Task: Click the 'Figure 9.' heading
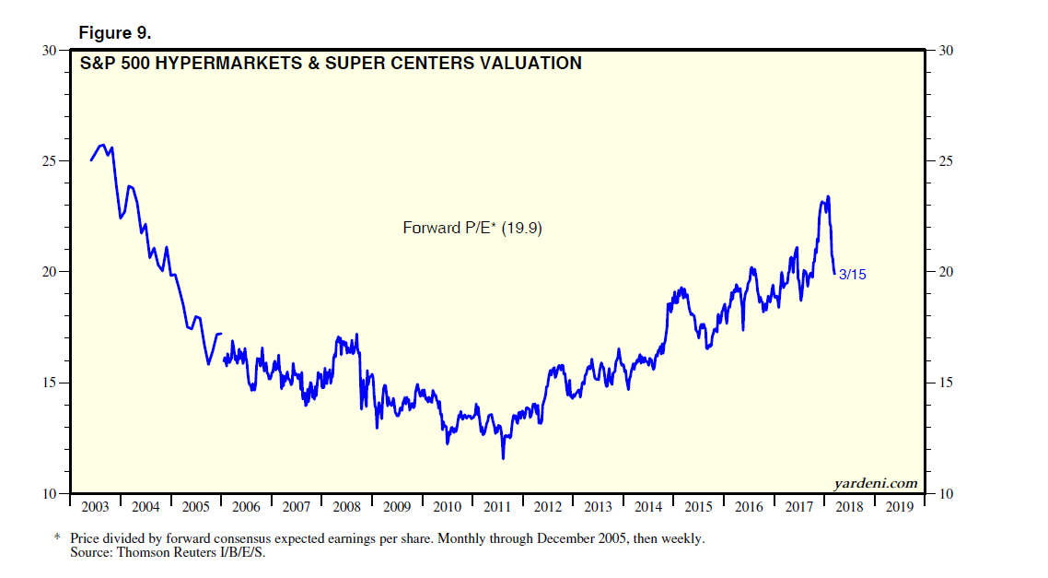pyautogui.click(x=115, y=33)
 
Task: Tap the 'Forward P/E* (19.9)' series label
pyautogui.click(x=472, y=227)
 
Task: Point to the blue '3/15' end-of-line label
pyautogui.click(x=854, y=274)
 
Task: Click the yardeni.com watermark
pyautogui.click(x=876, y=483)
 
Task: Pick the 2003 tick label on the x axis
pyautogui.click(x=95, y=507)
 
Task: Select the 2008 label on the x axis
pyautogui.click(x=346, y=507)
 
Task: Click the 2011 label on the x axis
pyautogui.click(x=497, y=507)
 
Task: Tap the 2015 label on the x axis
pyautogui.click(x=698, y=507)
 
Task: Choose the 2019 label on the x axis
pyautogui.click(x=899, y=507)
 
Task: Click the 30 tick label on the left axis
pyautogui.click(x=51, y=50)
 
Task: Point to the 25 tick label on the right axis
pyautogui.click(x=944, y=161)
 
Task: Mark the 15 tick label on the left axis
pyautogui.click(x=51, y=383)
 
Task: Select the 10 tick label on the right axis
pyautogui.click(x=944, y=494)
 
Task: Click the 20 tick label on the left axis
pyautogui.click(x=51, y=272)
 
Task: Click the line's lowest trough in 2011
pyautogui.click(x=503, y=458)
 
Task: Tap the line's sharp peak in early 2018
pyautogui.click(x=829, y=196)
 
